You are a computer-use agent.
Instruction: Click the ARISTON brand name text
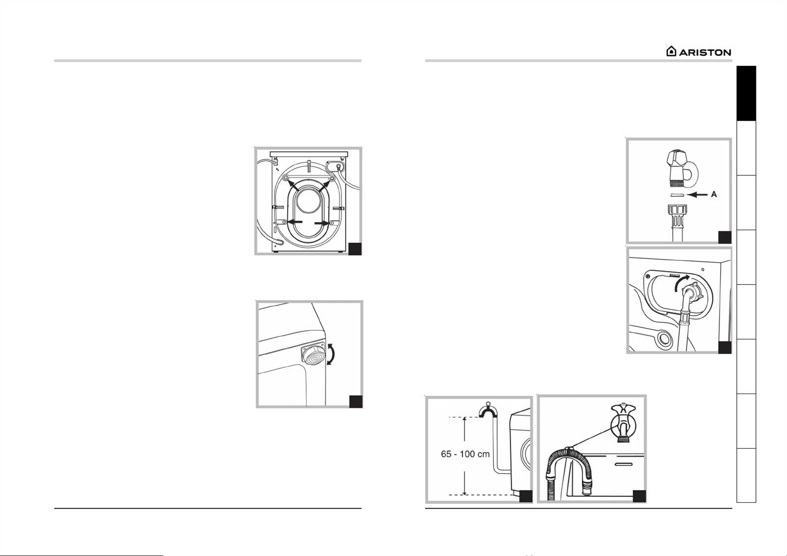705,53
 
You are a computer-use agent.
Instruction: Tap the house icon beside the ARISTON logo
671,51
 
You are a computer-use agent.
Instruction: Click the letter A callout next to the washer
714,194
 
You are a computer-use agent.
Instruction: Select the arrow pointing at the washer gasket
697,194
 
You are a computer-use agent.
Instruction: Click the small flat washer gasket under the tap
676,195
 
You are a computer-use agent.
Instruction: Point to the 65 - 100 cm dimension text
465,454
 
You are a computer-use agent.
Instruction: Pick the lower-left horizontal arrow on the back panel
295,222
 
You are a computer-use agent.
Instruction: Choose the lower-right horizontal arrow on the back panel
323,223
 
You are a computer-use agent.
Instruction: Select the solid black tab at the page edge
746,93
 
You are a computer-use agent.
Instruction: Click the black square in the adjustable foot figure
356,402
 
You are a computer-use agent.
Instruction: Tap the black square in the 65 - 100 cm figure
526,496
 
